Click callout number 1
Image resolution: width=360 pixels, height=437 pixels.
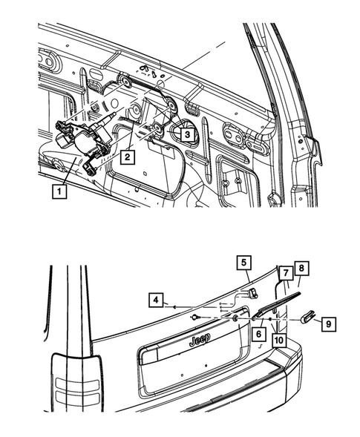click(x=57, y=190)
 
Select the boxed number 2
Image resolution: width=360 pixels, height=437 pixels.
click(x=128, y=157)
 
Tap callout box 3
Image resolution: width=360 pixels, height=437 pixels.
click(x=187, y=135)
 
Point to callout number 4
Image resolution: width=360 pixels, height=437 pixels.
click(x=156, y=300)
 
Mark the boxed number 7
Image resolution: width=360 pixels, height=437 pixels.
click(x=284, y=275)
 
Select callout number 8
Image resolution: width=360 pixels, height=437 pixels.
click(x=300, y=269)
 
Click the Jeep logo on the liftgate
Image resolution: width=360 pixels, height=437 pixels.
click(x=198, y=340)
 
